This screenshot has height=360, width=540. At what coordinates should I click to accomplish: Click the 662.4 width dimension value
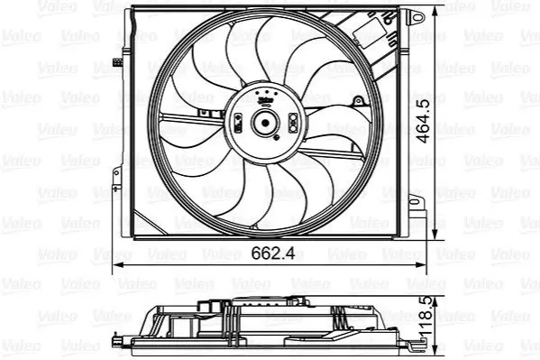pyautogui.click(x=273, y=254)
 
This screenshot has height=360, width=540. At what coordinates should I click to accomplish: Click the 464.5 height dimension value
pyautogui.click(x=423, y=121)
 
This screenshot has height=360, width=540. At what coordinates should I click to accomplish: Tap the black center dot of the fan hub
pyautogui.click(x=265, y=123)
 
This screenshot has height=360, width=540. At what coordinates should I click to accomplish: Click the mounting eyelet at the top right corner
pyautogui.click(x=416, y=16)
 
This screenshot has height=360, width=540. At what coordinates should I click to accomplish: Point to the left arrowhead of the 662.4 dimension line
pyautogui.click(x=118, y=265)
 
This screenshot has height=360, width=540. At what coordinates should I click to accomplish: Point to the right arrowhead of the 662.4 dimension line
pyautogui.click(x=421, y=265)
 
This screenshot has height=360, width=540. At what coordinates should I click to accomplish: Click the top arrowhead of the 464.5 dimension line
pyautogui.click(x=435, y=12)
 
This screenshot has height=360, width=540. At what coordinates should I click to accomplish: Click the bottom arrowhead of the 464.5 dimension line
pyautogui.click(x=435, y=234)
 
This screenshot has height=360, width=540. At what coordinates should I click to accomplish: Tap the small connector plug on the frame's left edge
pyautogui.click(x=117, y=62)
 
